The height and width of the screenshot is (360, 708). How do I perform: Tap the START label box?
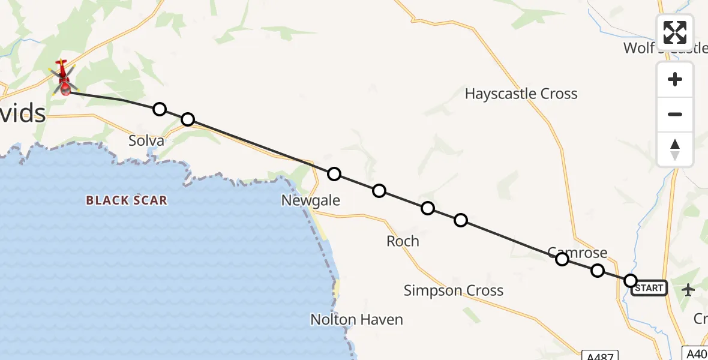pyautogui.click(x=649, y=288)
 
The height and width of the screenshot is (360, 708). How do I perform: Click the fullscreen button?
pyautogui.click(x=675, y=32)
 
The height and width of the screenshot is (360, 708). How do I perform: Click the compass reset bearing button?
pyautogui.click(x=675, y=149)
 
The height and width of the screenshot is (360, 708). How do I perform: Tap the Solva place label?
pyautogui.click(x=146, y=141)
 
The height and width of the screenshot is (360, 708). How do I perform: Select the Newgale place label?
pyautogui.click(x=310, y=200)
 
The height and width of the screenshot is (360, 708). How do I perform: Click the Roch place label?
pyautogui.click(x=403, y=241)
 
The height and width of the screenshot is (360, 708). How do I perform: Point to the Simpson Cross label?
pyautogui.click(x=453, y=291)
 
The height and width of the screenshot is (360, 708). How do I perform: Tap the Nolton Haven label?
pyautogui.click(x=356, y=320)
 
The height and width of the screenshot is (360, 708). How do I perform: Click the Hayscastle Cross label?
pyautogui.click(x=521, y=94)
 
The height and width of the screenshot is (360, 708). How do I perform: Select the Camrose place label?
pyautogui.click(x=577, y=253)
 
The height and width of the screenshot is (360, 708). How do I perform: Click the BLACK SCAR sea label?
pyautogui.click(x=126, y=200)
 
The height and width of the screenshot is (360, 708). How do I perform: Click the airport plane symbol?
pyautogui.click(x=688, y=290)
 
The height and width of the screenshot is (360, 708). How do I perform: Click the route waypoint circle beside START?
pyautogui.click(x=630, y=280)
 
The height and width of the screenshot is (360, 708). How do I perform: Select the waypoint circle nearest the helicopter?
pyautogui.click(x=159, y=109)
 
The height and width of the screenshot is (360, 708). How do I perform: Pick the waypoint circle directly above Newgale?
pyautogui.click(x=334, y=174)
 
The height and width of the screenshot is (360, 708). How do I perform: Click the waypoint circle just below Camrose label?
pyautogui.click(x=562, y=259)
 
